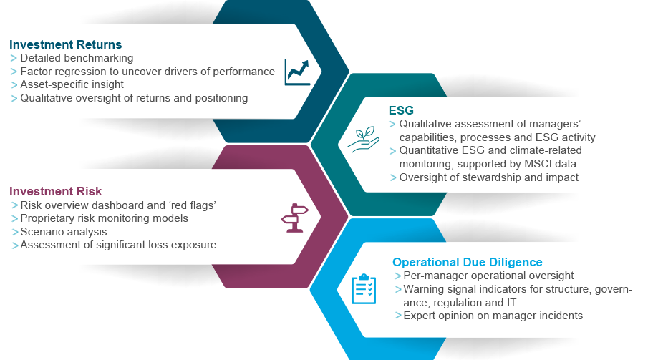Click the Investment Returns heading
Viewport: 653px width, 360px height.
pyautogui.click(x=65, y=44)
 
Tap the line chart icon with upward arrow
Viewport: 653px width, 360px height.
pyautogui.click(x=297, y=72)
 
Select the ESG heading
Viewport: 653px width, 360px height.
pyautogui.click(x=401, y=110)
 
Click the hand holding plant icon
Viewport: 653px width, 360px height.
pyautogui.click(x=364, y=140)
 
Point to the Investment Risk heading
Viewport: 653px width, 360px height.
pyautogui.click(x=55, y=191)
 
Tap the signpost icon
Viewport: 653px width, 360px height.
pyautogui.click(x=295, y=218)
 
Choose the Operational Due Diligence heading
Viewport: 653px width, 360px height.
pyautogui.click(x=468, y=262)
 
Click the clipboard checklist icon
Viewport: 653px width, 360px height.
pyautogui.click(x=364, y=289)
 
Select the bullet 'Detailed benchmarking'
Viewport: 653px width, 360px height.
pyautogui.click(x=77, y=58)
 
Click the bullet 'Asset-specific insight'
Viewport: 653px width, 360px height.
pyautogui.click(x=72, y=84)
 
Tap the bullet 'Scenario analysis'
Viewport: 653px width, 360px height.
pyautogui.click(x=63, y=232)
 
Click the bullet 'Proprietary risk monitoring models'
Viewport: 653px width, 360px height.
pyautogui.click(x=104, y=218)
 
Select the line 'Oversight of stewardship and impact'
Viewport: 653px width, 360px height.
pyautogui.click(x=488, y=177)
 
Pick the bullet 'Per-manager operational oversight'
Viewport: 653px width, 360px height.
pyautogui.click(x=488, y=276)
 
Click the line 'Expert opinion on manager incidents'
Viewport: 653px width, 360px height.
pyautogui.click(x=493, y=316)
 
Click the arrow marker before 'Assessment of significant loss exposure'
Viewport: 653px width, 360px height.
pyautogui.click(x=15, y=245)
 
